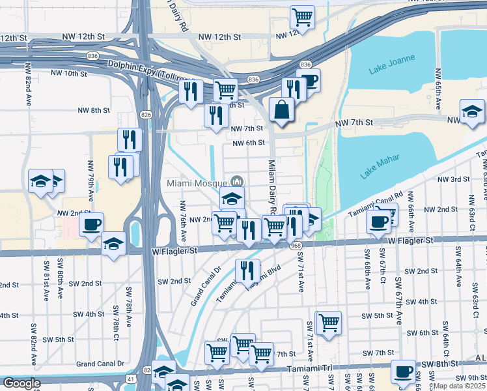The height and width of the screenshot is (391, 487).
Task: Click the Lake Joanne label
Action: [x=393, y=63]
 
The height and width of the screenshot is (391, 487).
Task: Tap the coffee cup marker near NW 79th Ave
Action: [x=91, y=225]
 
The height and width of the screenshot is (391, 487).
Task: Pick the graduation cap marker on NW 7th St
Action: [x=472, y=112]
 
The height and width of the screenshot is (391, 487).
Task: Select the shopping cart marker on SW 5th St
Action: [x=329, y=323]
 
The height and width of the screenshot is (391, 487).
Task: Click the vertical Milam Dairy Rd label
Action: [x=272, y=186]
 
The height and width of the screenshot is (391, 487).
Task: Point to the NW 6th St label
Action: [x=248, y=143]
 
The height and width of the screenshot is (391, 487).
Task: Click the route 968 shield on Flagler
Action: [x=296, y=246]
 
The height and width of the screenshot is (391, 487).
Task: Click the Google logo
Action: [x=22, y=383]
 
